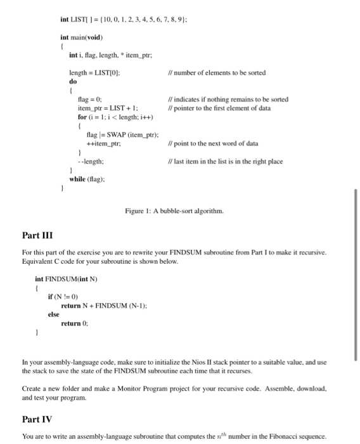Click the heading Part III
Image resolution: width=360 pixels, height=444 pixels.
[x=37, y=236]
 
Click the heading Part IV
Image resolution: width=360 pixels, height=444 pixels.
[x=37, y=420]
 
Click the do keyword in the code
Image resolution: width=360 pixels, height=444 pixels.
[x=72, y=82]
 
